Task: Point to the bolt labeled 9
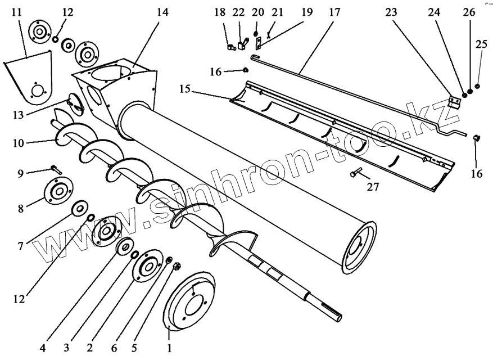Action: pos(56,168)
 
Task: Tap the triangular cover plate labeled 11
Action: pos(29,82)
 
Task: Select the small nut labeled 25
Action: pos(477,86)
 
